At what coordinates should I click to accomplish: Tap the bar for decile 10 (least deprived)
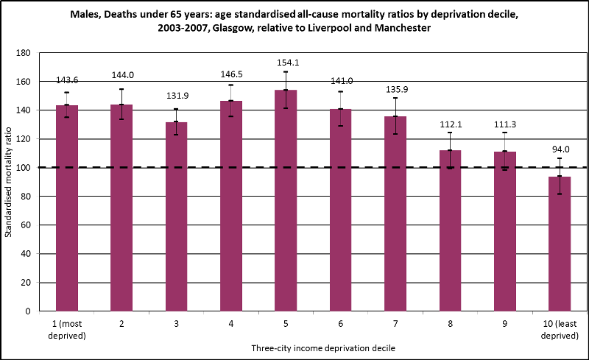560,243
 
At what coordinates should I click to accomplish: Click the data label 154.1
286,61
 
